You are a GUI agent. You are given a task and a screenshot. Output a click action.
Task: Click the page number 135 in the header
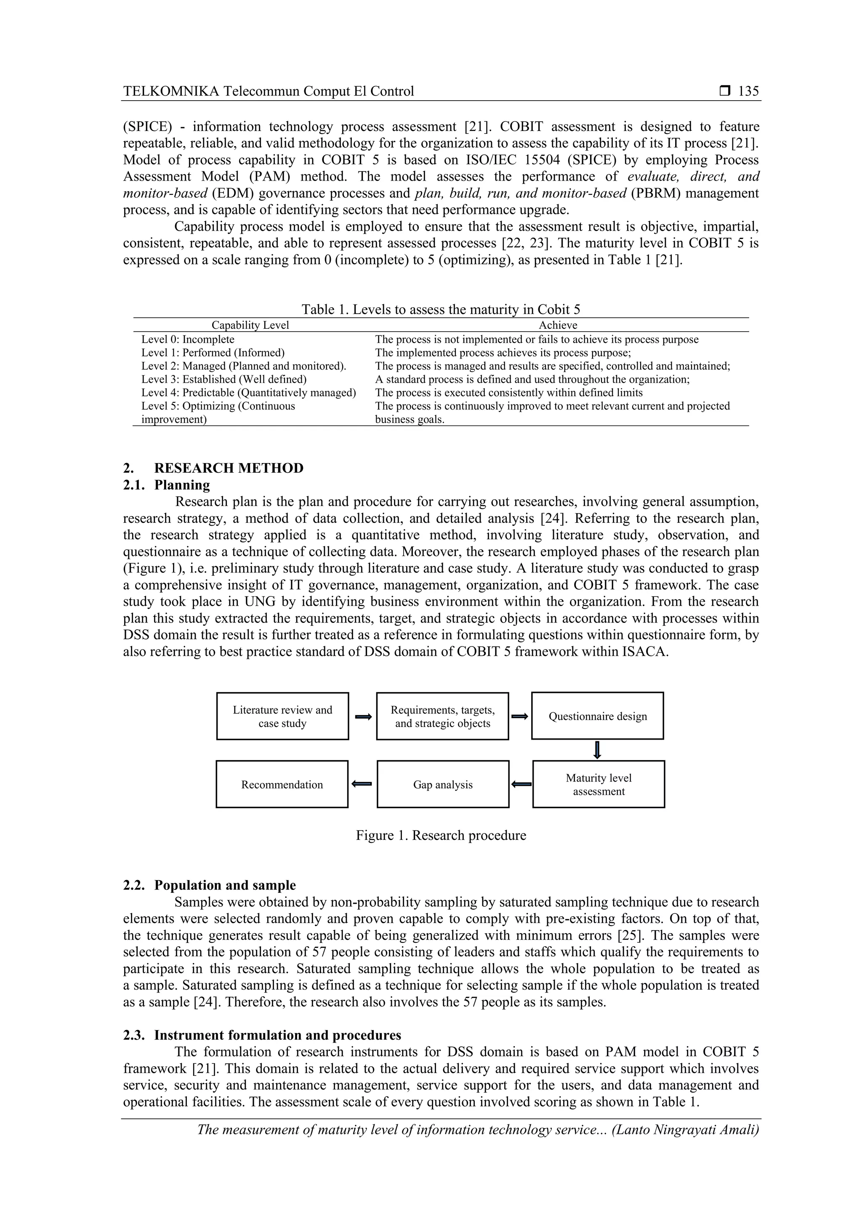[748, 91]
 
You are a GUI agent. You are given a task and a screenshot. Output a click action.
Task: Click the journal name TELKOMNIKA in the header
[171, 91]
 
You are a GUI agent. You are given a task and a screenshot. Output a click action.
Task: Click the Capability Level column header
[250, 325]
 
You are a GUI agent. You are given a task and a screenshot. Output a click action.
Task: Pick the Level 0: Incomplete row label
[188, 339]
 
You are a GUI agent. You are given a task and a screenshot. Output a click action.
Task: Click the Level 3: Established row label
[224, 379]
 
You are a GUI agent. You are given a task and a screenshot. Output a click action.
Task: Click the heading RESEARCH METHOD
[229, 468]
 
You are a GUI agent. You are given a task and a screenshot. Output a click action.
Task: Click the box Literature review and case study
[282, 716]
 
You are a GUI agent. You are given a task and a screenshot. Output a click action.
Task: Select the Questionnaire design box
[598, 716]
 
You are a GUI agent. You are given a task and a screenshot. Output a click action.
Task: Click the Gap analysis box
[443, 785]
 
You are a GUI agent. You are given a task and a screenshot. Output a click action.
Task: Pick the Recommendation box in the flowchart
[282, 785]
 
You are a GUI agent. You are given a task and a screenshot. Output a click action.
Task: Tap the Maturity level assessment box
[598, 785]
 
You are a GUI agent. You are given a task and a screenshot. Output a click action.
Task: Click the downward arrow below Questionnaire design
[597, 750]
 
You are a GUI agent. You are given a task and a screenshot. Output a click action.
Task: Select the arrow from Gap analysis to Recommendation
[362, 784]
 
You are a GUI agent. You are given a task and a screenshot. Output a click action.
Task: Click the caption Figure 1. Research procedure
[441, 836]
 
